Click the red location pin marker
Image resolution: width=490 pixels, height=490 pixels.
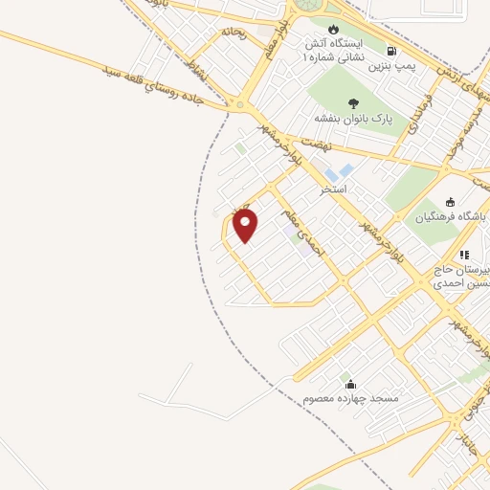[x=246, y=225]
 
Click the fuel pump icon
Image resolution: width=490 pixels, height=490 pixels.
[x=390, y=51]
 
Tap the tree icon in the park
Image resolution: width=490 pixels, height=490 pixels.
[x=354, y=102]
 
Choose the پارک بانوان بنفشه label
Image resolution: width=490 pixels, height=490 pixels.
[x=354, y=119]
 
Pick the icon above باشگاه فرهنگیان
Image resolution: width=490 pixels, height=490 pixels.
[x=450, y=202]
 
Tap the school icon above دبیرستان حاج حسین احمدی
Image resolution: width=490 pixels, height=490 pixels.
[x=463, y=255]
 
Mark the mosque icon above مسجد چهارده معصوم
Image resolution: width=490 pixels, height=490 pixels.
[x=350, y=382]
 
